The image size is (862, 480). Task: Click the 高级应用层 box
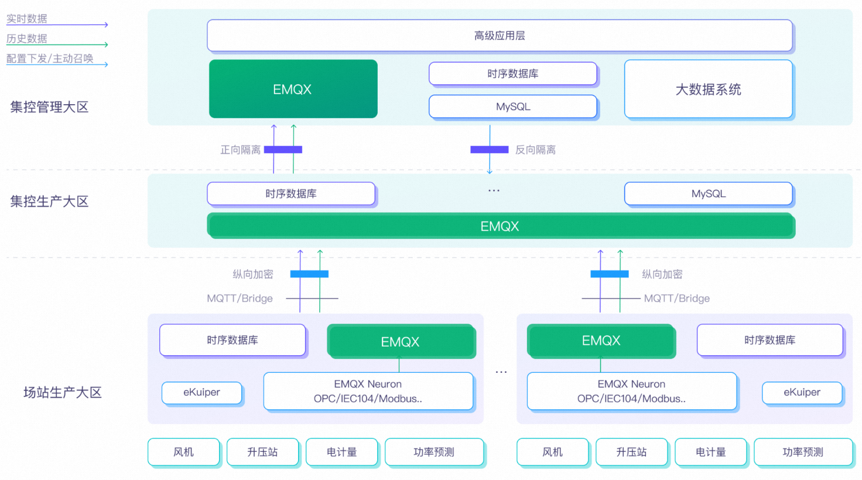pos(500,36)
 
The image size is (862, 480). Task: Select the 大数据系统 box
pos(708,90)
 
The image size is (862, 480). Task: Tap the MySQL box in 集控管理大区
pos(513,107)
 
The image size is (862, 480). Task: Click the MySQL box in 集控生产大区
pos(708,194)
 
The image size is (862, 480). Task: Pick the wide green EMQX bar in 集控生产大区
pos(500,226)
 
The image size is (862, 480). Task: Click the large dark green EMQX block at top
pos(293,89)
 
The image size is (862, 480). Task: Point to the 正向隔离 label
pos(240,150)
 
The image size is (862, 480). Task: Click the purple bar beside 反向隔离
pos(489,150)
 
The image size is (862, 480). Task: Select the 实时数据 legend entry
pos(27,19)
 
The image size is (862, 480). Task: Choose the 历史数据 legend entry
pos(27,39)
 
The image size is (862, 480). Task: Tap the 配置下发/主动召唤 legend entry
pos(50,59)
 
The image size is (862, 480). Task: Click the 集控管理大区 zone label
pos(49,107)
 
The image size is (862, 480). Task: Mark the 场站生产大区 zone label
pos(63,392)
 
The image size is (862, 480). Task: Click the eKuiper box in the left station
pos(201,392)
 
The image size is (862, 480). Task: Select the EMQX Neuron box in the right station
pos(631,391)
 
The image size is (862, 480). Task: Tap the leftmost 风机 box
pos(183,452)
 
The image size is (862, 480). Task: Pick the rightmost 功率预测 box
pos(802,452)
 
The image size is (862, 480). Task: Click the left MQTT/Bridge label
pos(240,299)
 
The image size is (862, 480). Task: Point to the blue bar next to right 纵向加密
pos(609,274)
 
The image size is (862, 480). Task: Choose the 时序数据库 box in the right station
pos(769,340)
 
